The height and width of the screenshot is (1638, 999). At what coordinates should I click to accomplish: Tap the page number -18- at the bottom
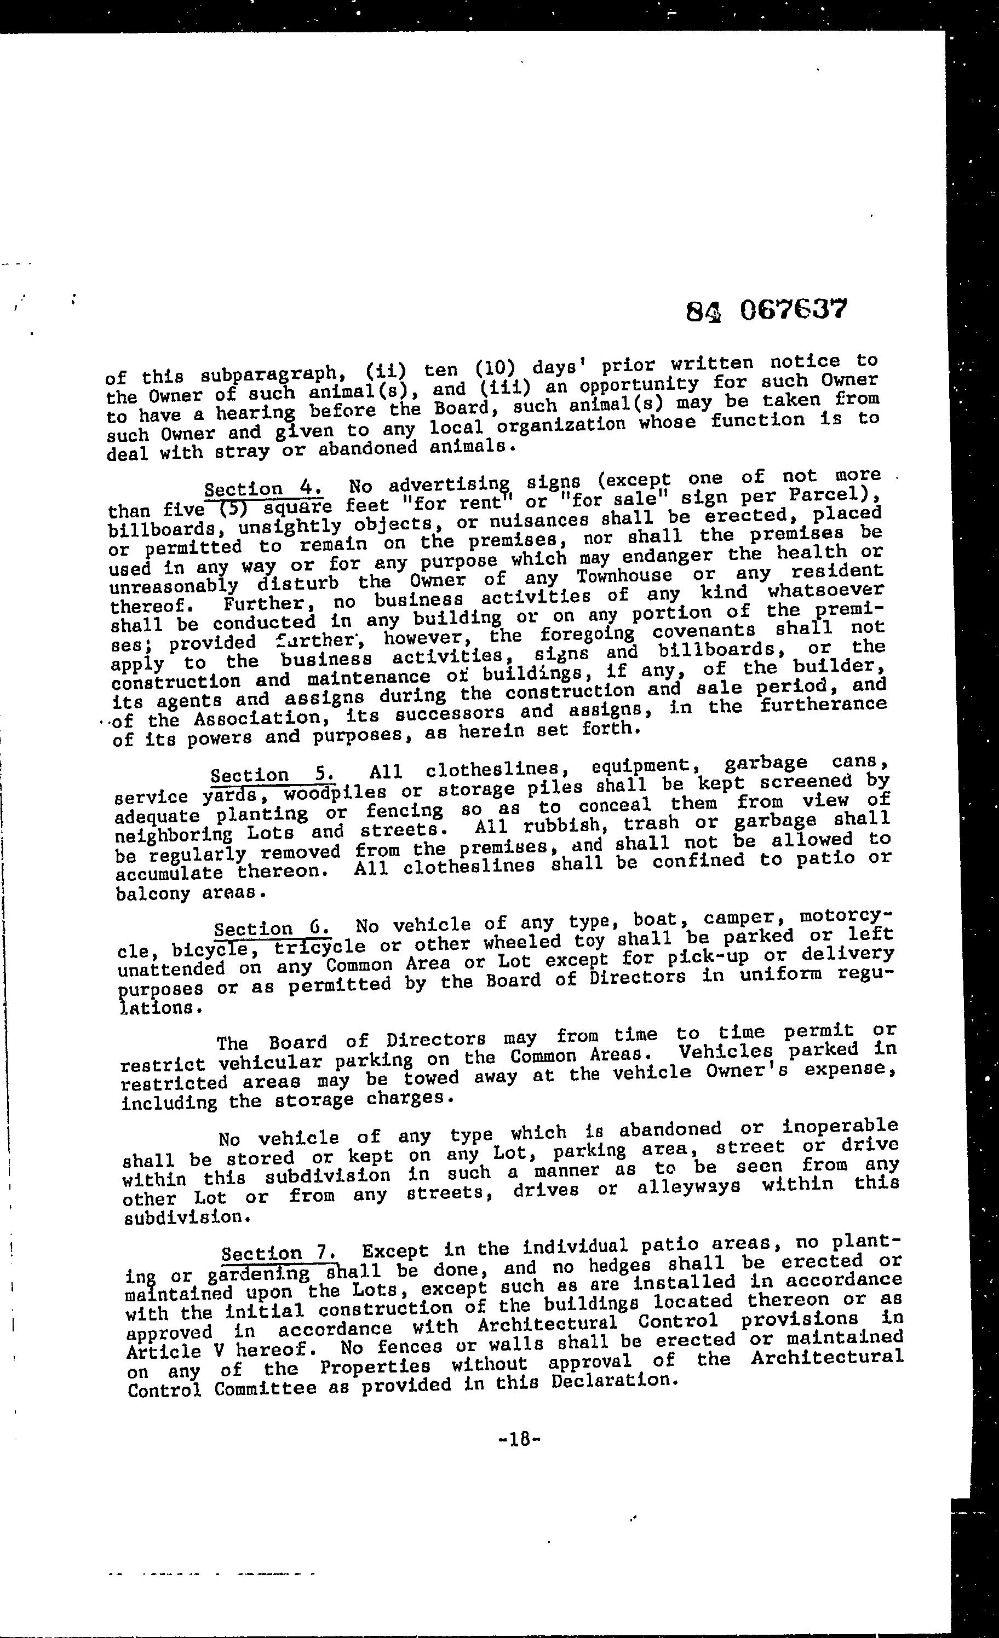tap(519, 1439)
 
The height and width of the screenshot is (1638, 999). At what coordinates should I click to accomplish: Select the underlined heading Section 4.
tap(263, 489)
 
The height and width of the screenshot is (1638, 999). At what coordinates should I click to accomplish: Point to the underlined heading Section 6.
tap(272, 928)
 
